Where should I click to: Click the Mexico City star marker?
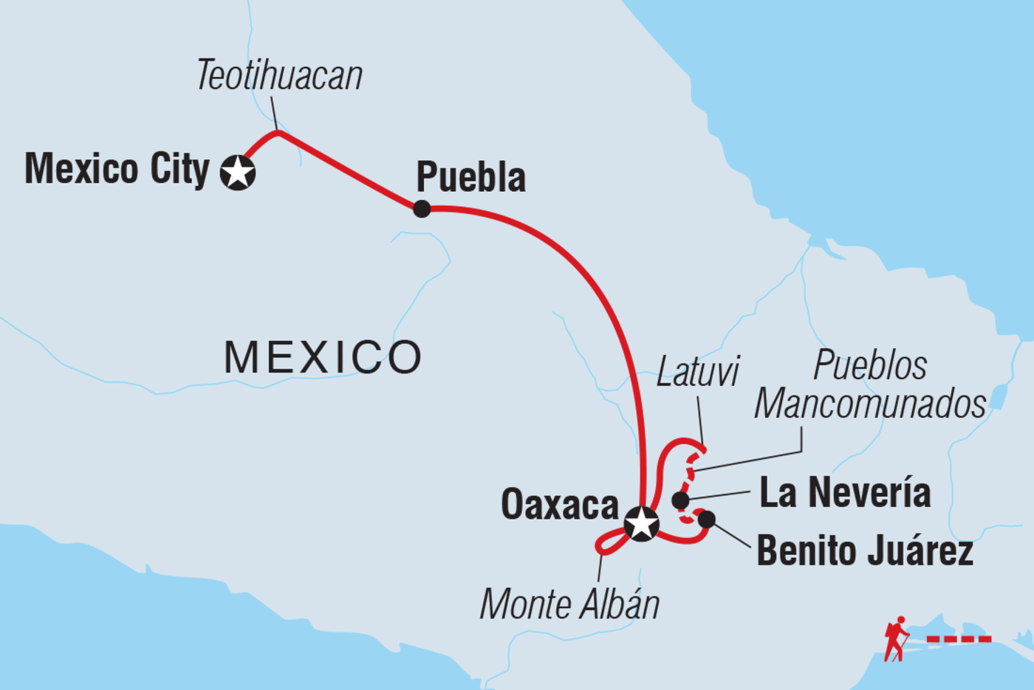tap(238, 173)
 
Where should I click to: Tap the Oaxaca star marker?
tap(641, 524)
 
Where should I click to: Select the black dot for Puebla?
tap(422, 209)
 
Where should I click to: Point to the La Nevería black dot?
tap(680, 500)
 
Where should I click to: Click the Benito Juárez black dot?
tap(706, 520)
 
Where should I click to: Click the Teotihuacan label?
tap(280, 75)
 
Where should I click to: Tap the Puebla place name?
tap(471, 176)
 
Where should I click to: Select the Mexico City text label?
tap(117, 170)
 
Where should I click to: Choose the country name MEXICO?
tap(323, 357)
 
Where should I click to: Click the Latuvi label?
tap(697, 371)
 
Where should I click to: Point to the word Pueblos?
tap(870, 365)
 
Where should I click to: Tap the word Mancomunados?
tap(870, 404)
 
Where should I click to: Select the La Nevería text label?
tap(845, 492)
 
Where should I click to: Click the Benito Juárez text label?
tap(865, 550)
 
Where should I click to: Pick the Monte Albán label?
tap(569, 604)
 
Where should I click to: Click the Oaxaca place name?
tap(560, 504)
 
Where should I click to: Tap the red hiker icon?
tap(896, 639)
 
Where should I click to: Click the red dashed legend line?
tap(959, 639)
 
